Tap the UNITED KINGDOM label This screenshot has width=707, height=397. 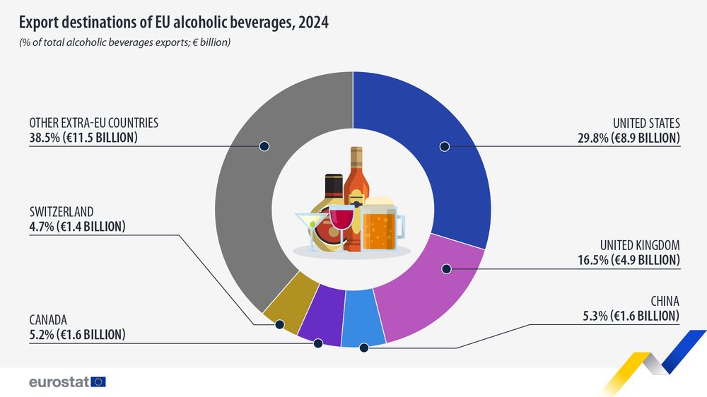(x=640, y=246)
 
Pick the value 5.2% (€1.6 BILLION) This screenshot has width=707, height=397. (x=77, y=334)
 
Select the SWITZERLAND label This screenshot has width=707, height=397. (x=62, y=212)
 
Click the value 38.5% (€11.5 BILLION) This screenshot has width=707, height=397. (x=83, y=138)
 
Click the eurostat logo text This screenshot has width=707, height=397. (x=58, y=382)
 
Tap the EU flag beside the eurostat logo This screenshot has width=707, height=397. (x=98, y=382)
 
